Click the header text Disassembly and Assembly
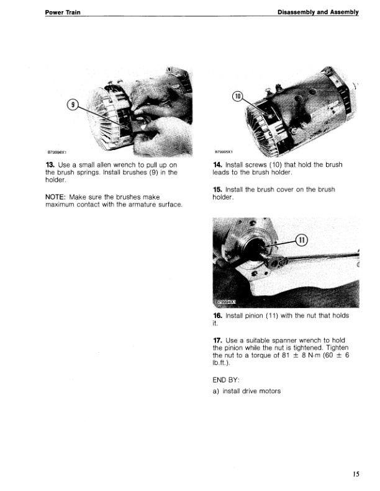pyautogui.click(x=317, y=12)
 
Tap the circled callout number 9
pyautogui.click(x=73, y=104)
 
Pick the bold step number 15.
pyautogui.click(x=217, y=190)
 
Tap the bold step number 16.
pyautogui.click(x=217, y=316)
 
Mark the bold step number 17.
pyautogui.click(x=217, y=340)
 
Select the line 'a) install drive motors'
pyautogui.click(x=246, y=391)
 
